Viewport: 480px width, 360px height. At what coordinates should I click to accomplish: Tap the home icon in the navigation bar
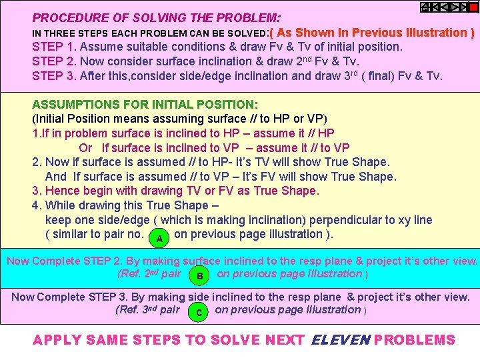425,7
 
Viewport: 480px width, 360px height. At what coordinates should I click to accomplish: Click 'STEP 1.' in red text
54,47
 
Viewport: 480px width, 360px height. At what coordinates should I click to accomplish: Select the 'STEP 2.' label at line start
54,61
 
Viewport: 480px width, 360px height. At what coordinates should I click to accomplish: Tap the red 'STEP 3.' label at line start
54,76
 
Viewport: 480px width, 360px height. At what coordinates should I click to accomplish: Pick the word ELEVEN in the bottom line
340,340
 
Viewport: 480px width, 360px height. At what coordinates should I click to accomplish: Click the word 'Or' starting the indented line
85,148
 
